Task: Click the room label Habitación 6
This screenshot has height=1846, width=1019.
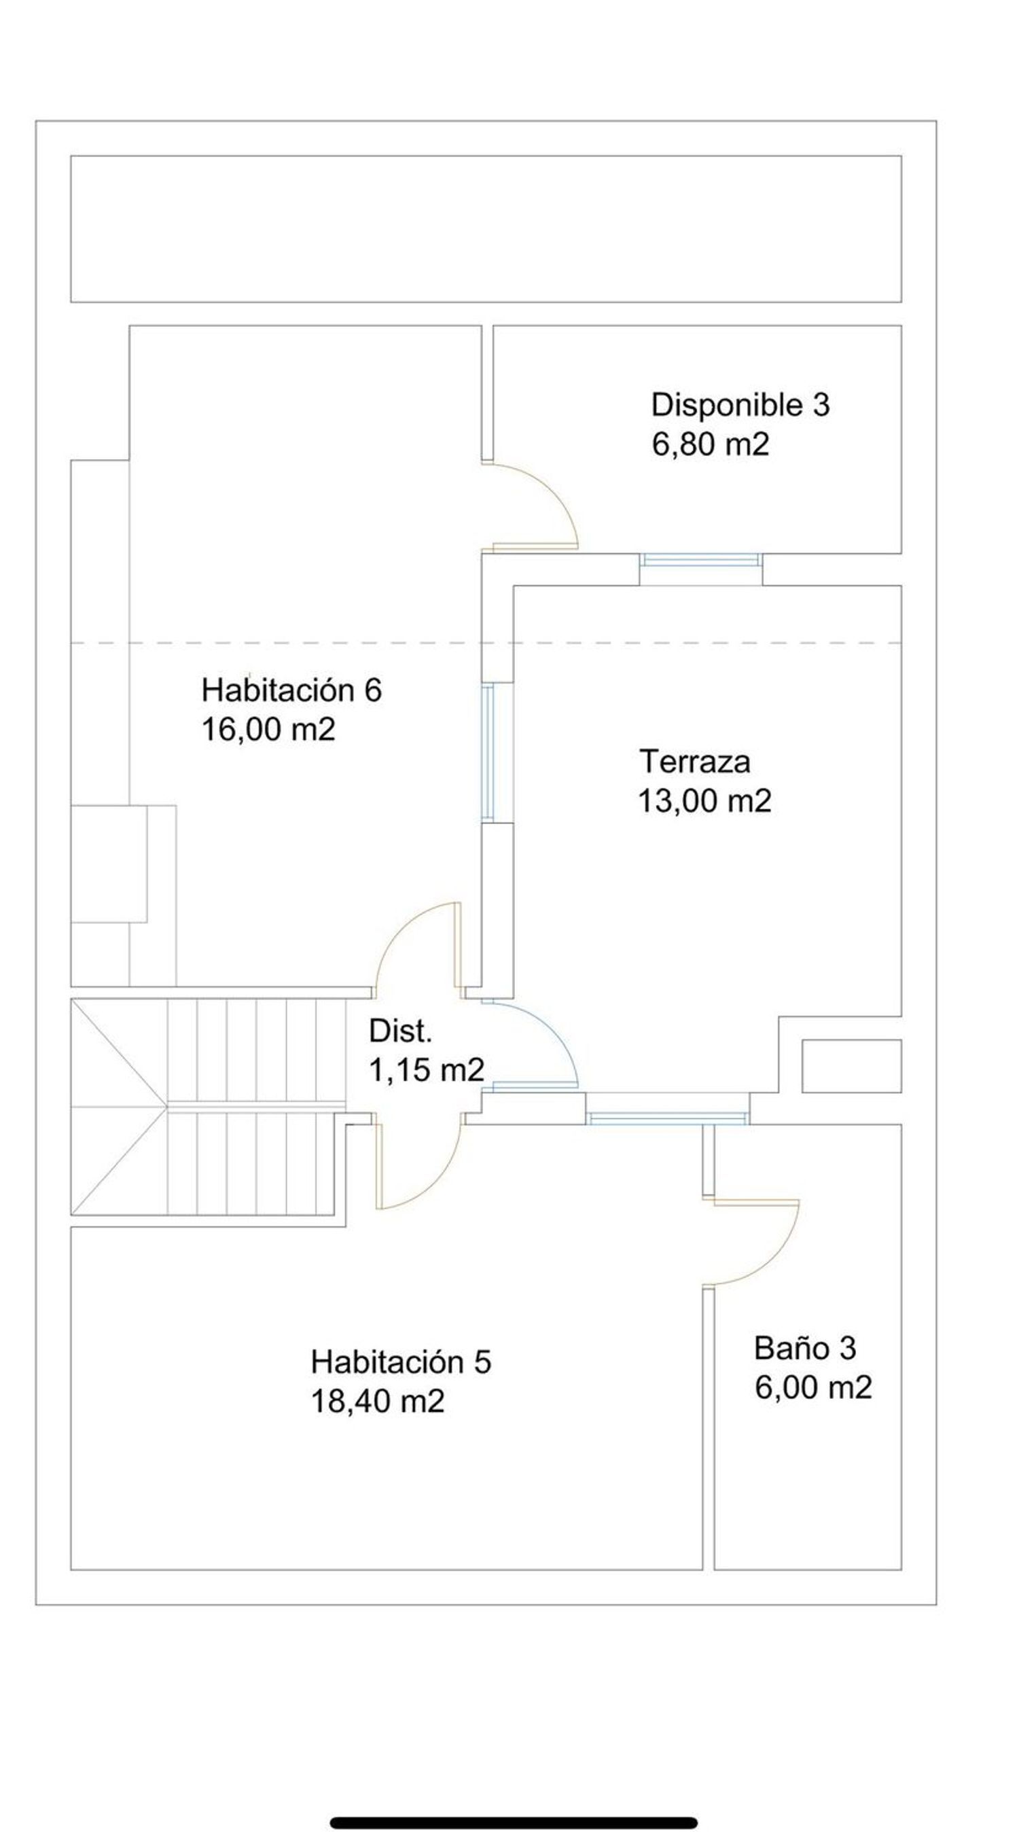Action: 291,691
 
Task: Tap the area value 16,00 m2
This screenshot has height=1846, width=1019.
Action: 269,730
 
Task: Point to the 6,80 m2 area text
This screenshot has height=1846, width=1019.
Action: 710,445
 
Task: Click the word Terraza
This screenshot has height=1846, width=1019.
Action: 695,761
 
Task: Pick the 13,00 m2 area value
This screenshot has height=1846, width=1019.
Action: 705,800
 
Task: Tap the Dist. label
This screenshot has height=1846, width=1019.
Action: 401,1031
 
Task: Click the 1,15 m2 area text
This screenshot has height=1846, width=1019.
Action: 427,1071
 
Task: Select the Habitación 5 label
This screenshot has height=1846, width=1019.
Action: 401,1362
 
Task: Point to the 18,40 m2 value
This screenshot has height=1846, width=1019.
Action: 378,1401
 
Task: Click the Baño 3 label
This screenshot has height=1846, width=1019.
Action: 805,1349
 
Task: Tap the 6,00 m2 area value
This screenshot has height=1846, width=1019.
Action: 813,1388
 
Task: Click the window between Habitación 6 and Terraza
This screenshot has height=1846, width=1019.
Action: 487,751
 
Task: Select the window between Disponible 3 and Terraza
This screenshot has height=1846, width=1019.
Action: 700,560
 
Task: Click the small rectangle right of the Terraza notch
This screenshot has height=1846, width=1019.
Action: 851,1066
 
